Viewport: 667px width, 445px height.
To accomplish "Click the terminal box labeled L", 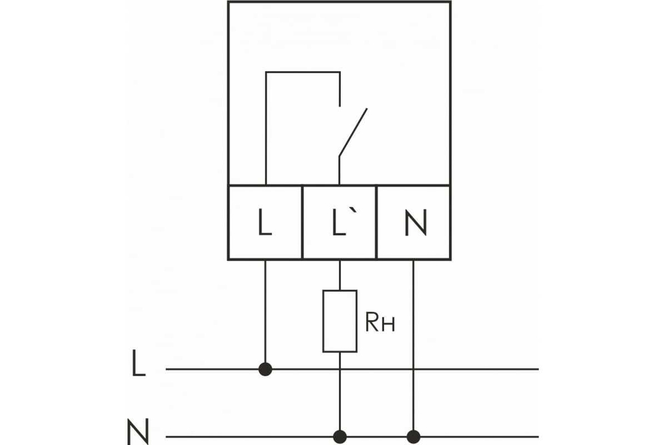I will [265, 222].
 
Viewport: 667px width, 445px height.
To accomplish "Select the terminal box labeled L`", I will [340, 222].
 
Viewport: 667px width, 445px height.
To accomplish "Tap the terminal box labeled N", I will [414, 222].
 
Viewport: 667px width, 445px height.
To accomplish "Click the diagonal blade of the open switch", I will [353, 131].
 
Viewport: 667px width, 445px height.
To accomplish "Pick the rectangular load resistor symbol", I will [340, 321].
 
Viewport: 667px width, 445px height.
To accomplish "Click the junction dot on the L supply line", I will [265, 368].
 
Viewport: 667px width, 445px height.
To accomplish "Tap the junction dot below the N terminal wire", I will [414, 437].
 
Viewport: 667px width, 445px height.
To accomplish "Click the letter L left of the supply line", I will [138, 366].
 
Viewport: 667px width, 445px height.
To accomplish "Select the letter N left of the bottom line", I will [138, 432].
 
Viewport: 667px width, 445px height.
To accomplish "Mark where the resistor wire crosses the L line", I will [340, 368].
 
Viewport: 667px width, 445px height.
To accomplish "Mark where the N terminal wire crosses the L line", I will [414, 368].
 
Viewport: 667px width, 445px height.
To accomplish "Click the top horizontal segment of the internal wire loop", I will [303, 71].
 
